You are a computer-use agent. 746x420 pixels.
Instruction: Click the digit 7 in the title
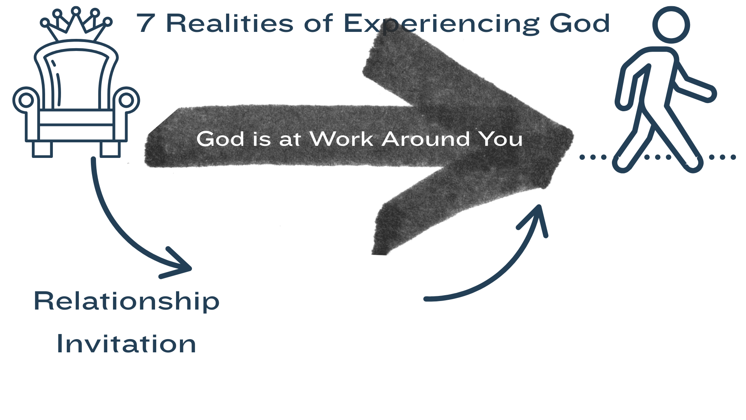[x=146, y=23]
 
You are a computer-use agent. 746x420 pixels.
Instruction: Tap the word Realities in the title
[x=230, y=23]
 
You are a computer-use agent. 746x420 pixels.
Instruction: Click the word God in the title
[x=579, y=23]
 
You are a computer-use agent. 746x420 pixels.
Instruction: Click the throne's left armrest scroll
[x=26, y=100]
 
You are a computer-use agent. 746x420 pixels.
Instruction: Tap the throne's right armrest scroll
[x=126, y=100]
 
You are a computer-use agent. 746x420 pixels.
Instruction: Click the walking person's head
[x=671, y=25]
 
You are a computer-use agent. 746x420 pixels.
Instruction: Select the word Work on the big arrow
[x=342, y=139]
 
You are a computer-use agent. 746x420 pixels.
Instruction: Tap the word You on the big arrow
[x=500, y=139]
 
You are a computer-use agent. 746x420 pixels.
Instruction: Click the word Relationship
[x=127, y=301]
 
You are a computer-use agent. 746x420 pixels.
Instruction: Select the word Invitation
[x=126, y=344]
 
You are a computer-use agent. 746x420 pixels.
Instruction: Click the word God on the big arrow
[x=220, y=139]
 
